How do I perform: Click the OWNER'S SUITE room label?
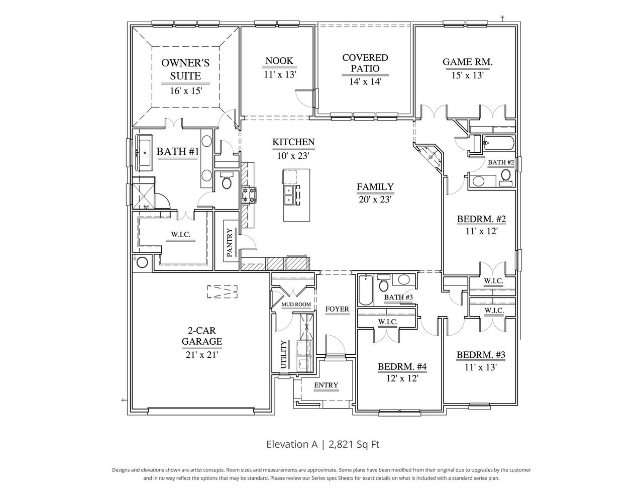pyautogui.click(x=181, y=69)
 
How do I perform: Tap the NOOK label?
pyautogui.click(x=279, y=61)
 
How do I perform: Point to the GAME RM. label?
pyautogui.click(x=467, y=62)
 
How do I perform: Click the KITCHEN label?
pyautogui.click(x=293, y=142)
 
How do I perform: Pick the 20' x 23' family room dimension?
pyautogui.click(x=375, y=199)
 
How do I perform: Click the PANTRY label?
pyautogui.click(x=230, y=243)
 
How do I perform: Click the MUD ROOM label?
pyautogui.click(x=296, y=305)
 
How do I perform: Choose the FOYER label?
pyautogui.click(x=337, y=309)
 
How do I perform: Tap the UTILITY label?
pyautogui.click(x=284, y=355)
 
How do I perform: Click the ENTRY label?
pyautogui.click(x=326, y=385)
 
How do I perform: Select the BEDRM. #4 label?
pyautogui.click(x=402, y=367)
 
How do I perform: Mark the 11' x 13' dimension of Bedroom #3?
pyautogui.click(x=481, y=367)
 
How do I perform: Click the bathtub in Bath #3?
pyautogui.click(x=365, y=290)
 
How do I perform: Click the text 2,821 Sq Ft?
pyautogui.click(x=357, y=444)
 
